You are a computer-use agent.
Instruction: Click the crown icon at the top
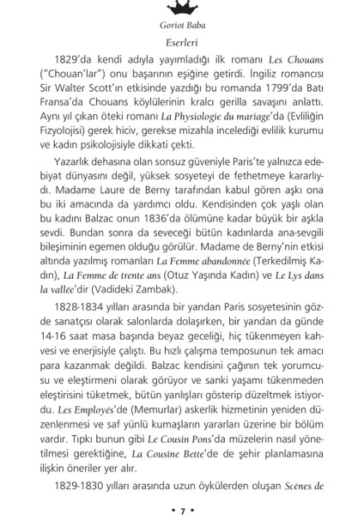181,7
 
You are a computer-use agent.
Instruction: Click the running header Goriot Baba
181,25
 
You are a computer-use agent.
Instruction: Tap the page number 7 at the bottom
181,504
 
